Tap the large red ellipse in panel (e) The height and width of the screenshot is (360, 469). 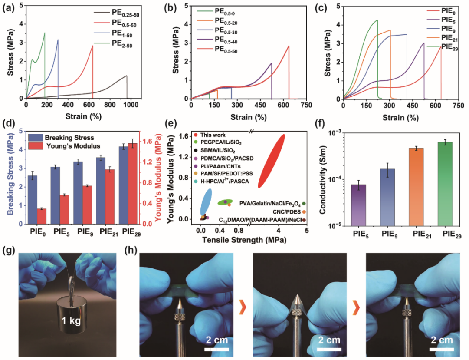point(272,161)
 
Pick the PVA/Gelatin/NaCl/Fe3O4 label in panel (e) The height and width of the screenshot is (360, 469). point(270,203)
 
